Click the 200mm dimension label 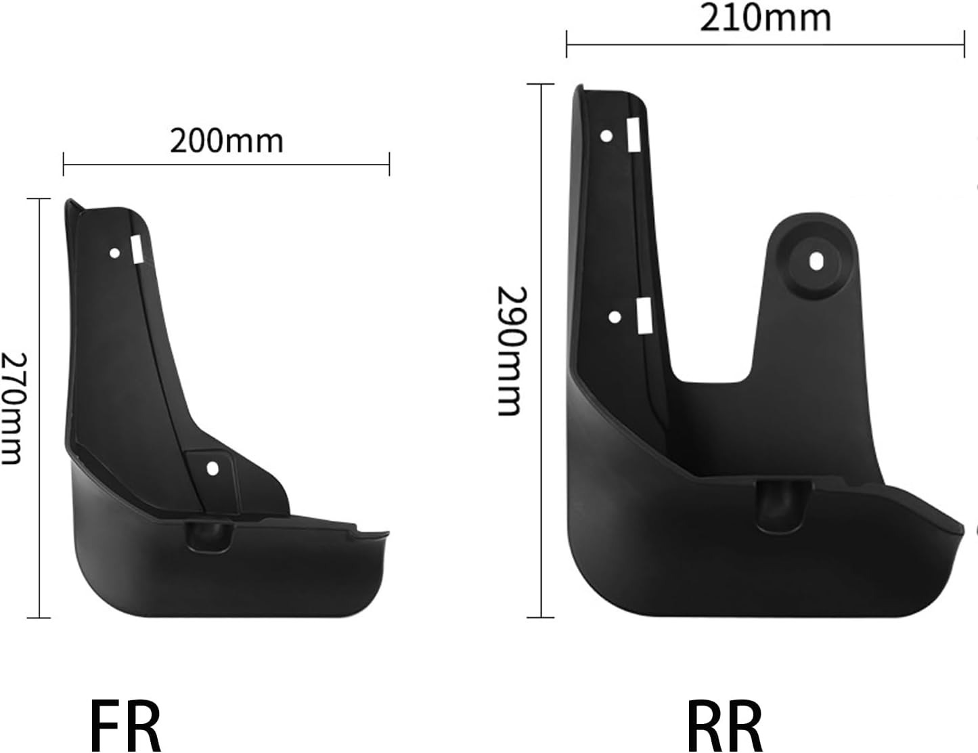226,142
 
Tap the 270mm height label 13,409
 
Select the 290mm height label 511,351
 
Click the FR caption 125,725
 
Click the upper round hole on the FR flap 115,253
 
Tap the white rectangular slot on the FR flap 137,249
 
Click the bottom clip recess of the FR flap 210,537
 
